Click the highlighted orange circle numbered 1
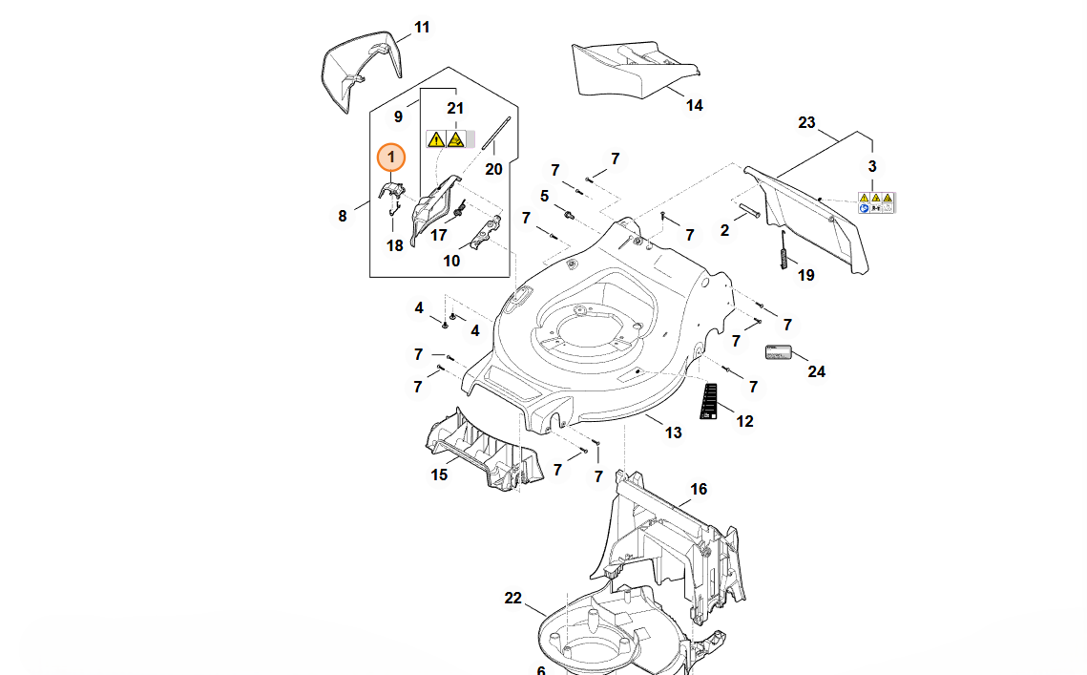[x=392, y=157]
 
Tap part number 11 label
[x=422, y=27]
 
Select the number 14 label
[x=694, y=105]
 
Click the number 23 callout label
[x=806, y=122]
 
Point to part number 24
[x=816, y=371]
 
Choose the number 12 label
[x=744, y=421]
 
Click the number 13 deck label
[x=673, y=432]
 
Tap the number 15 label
[x=438, y=475]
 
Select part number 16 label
[x=699, y=489]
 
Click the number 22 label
[x=513, y=599]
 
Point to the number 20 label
[x=492, y=169]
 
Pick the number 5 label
[x=544, y=196]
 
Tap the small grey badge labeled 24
[x=780, y=351]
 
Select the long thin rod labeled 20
[x=497, y=133]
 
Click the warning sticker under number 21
[x=449, y=140]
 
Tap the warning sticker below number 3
[x=875, y=202]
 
